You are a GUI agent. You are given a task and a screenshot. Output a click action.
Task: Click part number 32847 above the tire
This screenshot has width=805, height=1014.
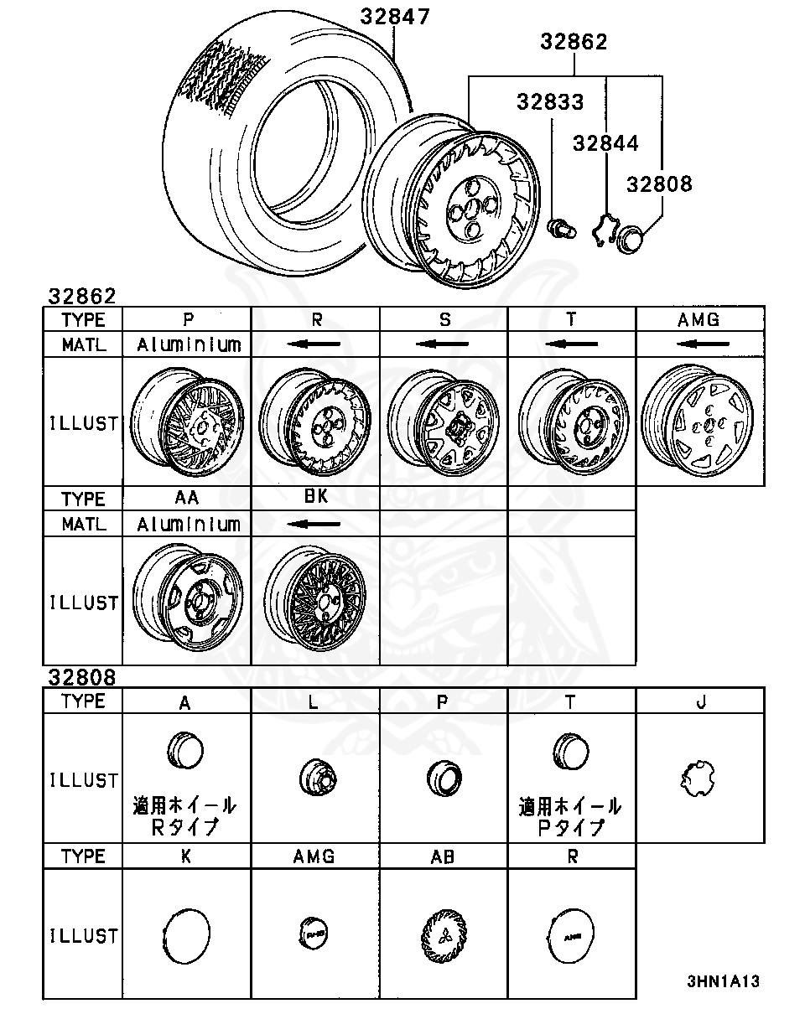click(395, 16)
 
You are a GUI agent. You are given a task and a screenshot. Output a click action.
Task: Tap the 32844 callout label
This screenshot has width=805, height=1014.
click(605, 143)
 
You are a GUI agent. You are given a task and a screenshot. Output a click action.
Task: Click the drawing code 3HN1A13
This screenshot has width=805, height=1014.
click(723, 981)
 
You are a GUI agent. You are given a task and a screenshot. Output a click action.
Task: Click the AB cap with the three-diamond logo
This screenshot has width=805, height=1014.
click(443, 934)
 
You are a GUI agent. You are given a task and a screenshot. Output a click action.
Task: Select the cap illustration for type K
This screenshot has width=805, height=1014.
click(185, 934)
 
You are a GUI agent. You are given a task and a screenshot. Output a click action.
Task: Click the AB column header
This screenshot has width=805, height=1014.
click(443, 856)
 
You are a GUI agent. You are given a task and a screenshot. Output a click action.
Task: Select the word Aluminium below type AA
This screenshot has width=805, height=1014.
click(188, 525)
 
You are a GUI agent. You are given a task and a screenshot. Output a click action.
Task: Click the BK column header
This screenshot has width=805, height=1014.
click(315, 497)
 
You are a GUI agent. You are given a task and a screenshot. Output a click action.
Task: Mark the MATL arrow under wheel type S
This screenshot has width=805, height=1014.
click(443, 344)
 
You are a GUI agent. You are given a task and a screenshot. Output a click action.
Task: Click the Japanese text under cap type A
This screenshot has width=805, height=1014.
click(185, 816)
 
